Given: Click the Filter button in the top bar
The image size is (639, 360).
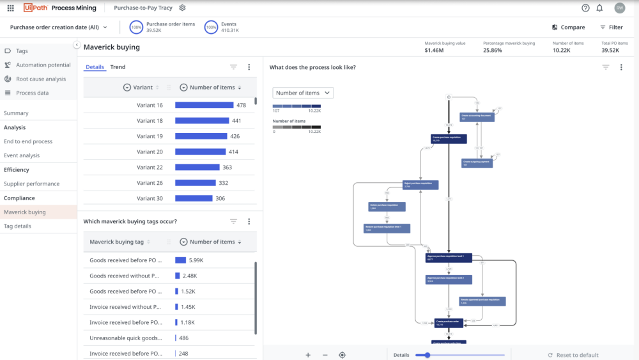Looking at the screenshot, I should (x=612, y=27).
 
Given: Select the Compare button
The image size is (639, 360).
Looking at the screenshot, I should (x=568, y=27).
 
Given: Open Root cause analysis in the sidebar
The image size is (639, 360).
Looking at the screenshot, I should (x=41, y=79).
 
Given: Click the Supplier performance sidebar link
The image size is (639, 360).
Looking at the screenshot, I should (x=31, y=184).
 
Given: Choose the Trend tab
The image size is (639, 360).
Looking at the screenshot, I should (x=118, y=67).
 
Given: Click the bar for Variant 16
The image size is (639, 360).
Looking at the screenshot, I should (x=204, y=106).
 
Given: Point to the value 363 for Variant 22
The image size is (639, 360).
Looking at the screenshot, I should (x=227, y=168).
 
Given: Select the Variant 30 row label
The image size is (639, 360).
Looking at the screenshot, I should (x=150, y=198).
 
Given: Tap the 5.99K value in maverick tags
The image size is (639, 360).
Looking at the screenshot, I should (x=196, y=260).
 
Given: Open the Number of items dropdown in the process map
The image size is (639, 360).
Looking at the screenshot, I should (x=303, y=93).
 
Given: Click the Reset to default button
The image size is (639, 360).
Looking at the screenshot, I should (x=573, y=355).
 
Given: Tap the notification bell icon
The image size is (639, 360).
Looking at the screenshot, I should (x=599, y=8).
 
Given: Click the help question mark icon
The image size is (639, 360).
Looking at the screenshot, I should (x=585, y=8).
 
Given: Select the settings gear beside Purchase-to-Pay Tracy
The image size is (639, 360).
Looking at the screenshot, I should (x=182, y=8).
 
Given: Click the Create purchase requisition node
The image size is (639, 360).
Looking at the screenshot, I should (x=449, y=138).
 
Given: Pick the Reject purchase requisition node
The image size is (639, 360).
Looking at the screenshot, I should (x=420, y=185).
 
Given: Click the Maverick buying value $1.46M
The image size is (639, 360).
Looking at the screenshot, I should (x=434, y=50).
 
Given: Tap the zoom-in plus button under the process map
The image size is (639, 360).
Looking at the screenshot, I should (x=308, y=355).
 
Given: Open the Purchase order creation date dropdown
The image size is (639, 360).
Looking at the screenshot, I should (x=59, y=27).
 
